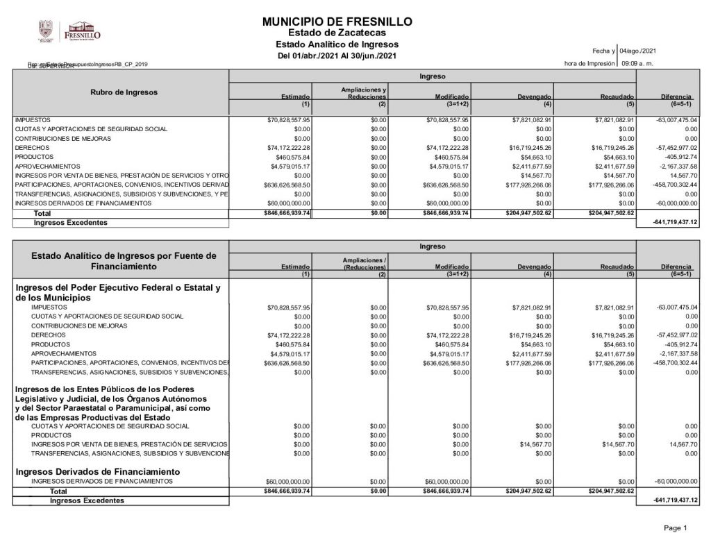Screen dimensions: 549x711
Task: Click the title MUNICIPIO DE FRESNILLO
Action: (337, 22)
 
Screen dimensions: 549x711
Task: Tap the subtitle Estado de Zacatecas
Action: (337, 33)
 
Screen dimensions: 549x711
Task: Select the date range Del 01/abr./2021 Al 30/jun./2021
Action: (337, 56)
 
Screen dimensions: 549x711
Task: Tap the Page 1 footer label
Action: (675, 528)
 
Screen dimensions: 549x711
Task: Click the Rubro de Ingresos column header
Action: (124, 92)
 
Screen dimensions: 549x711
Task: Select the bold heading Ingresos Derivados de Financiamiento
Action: (94, 471)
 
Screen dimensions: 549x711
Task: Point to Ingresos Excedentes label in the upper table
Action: (71, 223)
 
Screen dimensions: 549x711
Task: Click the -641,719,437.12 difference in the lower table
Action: (675, 500)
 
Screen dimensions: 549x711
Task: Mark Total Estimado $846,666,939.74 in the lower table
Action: (287, 491)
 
